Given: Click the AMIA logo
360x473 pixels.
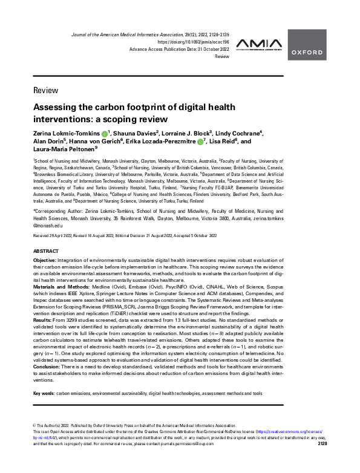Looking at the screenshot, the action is tap(258, 44).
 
